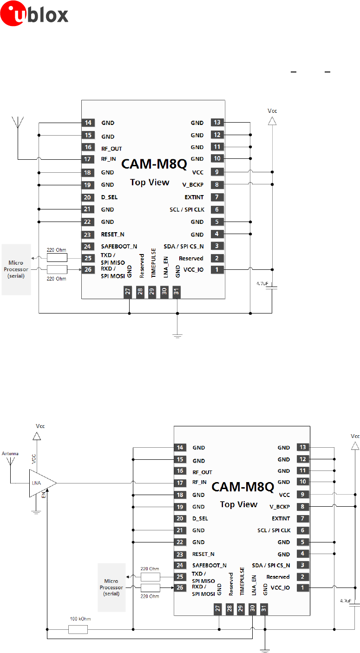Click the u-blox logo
point(34,13)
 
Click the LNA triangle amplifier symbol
point(41,483)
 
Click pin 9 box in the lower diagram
point(303,494)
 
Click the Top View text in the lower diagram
point(238,504)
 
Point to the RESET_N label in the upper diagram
point(112,234)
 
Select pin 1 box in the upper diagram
point(216,269)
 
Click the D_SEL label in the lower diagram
point(200,518)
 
